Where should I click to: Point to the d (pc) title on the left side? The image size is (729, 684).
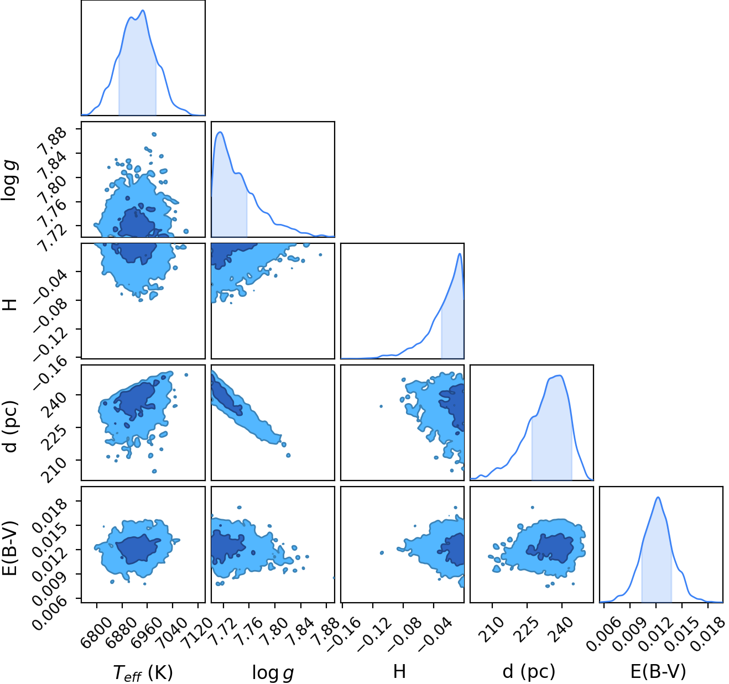click(11, 426)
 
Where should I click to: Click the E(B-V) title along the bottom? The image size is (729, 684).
click(658, 671)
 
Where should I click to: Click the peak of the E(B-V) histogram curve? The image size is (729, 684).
click(658, 498)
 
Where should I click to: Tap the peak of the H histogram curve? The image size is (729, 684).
click(460, 254)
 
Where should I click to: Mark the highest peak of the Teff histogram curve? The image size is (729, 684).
click(143, 11)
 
